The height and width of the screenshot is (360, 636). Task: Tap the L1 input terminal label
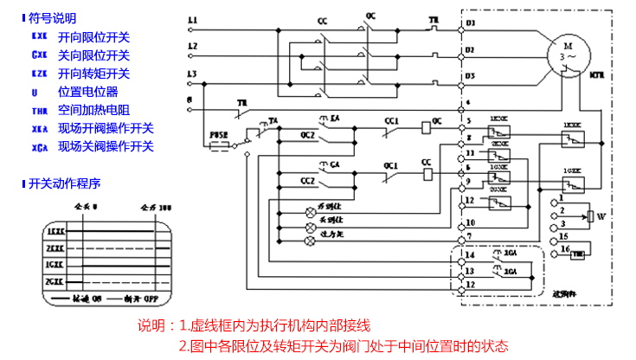[x=192, y=20]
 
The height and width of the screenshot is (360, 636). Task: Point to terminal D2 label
[x=470, y=49]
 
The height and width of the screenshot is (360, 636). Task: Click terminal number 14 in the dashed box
[x=469, y=256]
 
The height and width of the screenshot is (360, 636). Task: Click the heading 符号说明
[x=53, y=17]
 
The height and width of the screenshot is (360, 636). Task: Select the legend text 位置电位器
[x=87, y=91]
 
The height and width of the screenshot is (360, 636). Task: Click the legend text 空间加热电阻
[x=93, y=110]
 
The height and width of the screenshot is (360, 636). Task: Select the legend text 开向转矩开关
[x=93, y=74]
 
